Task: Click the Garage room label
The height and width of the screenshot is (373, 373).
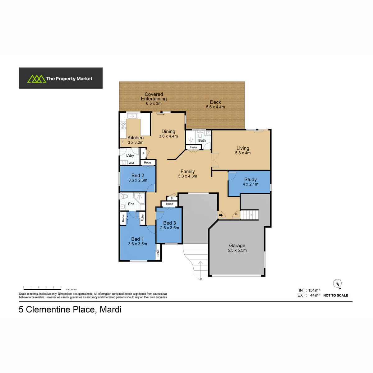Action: (237, 246)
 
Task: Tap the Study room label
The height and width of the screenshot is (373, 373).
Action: (250, 179)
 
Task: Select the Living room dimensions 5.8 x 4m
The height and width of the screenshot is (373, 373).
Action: (243, 153)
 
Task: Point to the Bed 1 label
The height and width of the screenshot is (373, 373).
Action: (137, 239)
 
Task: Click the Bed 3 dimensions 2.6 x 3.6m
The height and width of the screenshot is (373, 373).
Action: (169, 228)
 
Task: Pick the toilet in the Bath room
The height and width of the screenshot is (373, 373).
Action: (200, 134)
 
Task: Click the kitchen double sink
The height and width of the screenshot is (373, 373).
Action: (132, 116)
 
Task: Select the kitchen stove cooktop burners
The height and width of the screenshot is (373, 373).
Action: (123, 126)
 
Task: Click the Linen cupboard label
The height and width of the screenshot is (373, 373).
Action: (193, 147)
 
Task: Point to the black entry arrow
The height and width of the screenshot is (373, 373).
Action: (221, 215)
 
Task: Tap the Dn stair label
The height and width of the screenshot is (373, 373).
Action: (237, 214)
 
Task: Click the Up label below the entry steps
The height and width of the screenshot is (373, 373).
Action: (200, 279)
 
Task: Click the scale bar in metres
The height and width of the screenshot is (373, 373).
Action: (42, 289)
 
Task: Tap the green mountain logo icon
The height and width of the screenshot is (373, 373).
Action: (37, 79)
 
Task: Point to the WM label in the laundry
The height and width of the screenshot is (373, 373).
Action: (131, 163)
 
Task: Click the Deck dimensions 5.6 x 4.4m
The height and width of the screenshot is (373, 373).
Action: (215, 107)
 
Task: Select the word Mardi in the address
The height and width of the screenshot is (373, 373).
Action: (111, 309)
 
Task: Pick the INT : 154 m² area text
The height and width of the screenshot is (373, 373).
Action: (309, 290)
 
